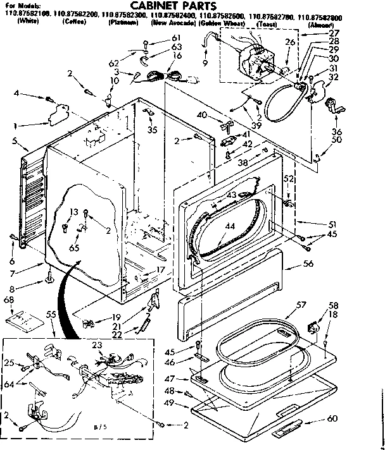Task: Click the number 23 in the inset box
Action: tap(97, 345)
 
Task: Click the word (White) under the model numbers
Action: tap(28, 22)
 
